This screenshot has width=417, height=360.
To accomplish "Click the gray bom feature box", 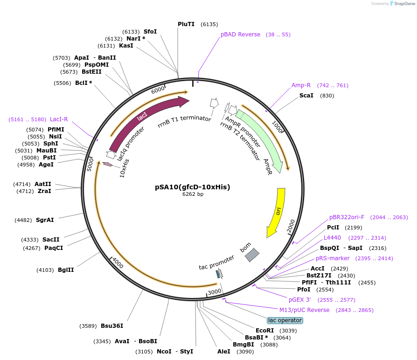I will (252, 254).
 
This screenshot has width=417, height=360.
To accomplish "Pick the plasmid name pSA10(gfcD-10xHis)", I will (193, 187).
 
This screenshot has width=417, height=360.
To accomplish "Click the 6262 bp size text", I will (193, 194).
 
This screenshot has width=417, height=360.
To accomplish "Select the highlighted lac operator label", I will (285, 320).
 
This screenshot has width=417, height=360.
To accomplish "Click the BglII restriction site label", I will (66, 270).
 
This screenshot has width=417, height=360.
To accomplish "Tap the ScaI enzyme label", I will (306, 96).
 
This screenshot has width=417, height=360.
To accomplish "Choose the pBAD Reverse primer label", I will (240, 35).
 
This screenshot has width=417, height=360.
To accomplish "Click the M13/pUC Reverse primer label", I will (304, 310).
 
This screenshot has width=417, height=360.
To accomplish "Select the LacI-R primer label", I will (59, 119).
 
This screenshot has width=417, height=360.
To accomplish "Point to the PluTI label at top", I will (186, 24).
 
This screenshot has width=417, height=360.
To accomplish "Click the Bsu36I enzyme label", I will (112, 326).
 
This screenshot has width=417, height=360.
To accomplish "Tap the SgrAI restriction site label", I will (45, 220).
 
